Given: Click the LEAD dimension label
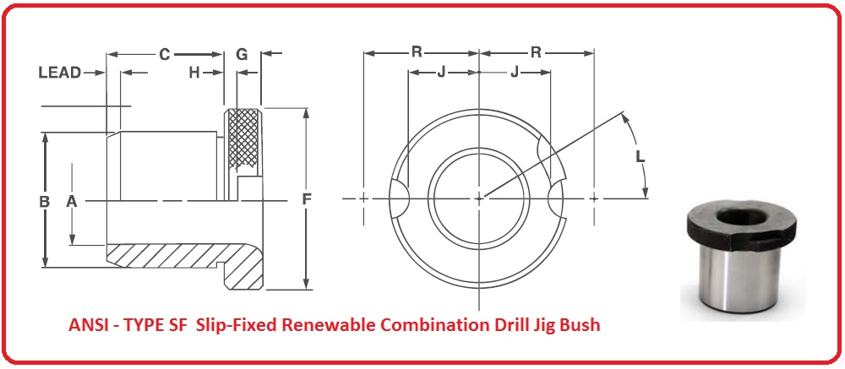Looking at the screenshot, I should (60, 73).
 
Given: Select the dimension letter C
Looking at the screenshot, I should (165, 54).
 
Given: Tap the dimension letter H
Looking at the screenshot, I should (194, 73).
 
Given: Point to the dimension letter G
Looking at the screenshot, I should (242, 54).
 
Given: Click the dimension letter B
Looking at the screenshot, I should (44, 202).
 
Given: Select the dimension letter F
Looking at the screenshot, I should (307, 200).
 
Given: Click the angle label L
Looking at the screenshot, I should (641, 156).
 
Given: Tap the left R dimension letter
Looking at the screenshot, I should (417, 52).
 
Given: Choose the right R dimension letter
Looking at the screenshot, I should (536, 52).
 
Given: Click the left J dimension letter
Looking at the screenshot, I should (441, 72).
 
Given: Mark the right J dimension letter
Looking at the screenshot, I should (515, 72).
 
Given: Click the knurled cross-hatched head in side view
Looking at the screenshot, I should (243, 139).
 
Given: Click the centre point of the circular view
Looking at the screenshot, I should (479, 198).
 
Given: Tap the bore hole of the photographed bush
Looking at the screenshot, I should (742, 220).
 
